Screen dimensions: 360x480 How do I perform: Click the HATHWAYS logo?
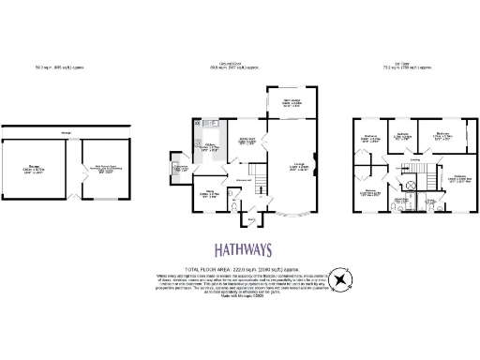tap(240, 250)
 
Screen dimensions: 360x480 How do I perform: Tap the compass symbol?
tap(343, 279)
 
